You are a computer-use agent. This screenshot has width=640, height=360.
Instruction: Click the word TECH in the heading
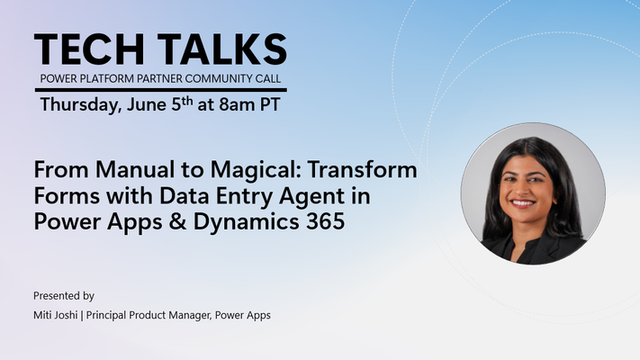[89, 49]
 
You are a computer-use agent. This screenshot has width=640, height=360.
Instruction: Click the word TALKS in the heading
[222, 49]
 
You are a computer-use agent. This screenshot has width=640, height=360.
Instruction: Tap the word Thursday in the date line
[81, 105]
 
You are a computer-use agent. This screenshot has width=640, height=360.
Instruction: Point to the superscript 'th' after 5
[187, 101]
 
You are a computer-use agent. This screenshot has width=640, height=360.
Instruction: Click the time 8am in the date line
[237, 105]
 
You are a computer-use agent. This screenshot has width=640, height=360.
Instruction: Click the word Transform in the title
[363, 169]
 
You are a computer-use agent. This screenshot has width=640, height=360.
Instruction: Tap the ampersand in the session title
[177, 221]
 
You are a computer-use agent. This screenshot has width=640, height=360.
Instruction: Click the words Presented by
[64, 296]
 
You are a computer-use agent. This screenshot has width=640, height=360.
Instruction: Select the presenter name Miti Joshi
[56, 315]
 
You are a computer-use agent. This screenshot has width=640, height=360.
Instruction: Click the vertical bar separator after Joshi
[82, 316]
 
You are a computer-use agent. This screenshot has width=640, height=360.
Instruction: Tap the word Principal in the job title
[106, 316]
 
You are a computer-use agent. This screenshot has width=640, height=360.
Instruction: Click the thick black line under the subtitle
[161, 90]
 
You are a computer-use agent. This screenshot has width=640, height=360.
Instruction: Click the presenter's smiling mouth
[523, 202]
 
